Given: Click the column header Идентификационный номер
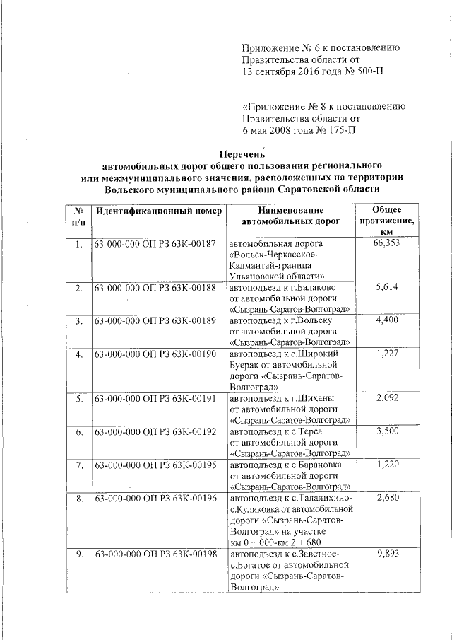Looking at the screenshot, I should (159, 211).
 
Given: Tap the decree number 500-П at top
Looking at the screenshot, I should (365, 71).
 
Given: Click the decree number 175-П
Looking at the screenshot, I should (338, 130).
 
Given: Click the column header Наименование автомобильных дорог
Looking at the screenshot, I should (290, 216).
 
